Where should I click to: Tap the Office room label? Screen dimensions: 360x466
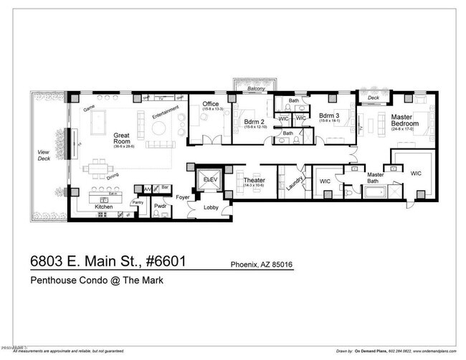(210, 105)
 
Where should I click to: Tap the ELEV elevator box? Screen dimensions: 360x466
(210, 179)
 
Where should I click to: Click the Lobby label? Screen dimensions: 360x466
(210, 208)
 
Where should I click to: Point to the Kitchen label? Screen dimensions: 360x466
(105, 207)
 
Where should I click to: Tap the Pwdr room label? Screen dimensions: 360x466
(159, 205)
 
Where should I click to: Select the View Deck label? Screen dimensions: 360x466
(45, 156)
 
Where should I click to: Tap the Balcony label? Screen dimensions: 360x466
(257, 88)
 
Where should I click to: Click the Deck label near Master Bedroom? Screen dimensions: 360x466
(373, 97)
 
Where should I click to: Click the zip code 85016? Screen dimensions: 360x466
(280, 265)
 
